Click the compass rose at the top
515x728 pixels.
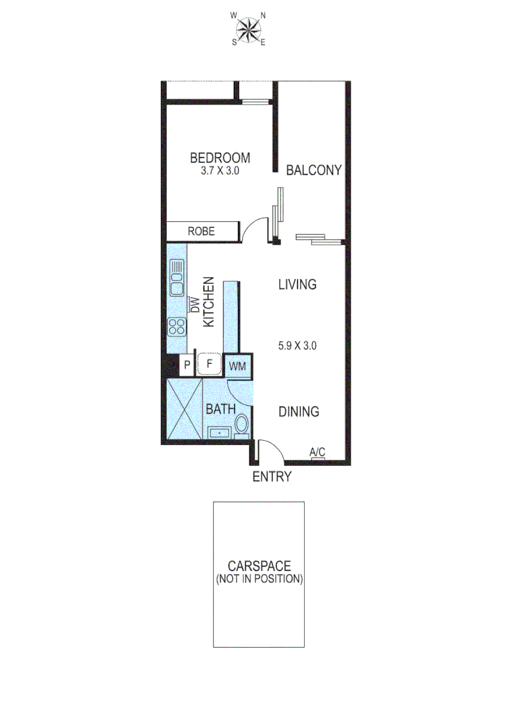coord(249,28)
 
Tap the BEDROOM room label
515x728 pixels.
coord(220,158)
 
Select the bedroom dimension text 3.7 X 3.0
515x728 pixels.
coord(220,171)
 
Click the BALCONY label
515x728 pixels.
coord(314,170)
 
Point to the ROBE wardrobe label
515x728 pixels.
coord(201,231)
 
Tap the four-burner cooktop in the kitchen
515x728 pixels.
coord(177,327)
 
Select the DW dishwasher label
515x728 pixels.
coord(194,305)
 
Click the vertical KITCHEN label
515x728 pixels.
coord(209,302)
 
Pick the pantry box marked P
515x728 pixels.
coord(187,365)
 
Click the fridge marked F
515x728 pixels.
coord(210,365)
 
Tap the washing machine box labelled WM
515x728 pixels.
coord(237,366)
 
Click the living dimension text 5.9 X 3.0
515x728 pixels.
coord(297,346)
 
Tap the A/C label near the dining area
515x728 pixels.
coord(316,452)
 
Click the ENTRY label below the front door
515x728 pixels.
coord(272,477)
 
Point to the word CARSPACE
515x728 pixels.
coord(258,566)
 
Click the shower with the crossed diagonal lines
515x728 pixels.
coord(184,408)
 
